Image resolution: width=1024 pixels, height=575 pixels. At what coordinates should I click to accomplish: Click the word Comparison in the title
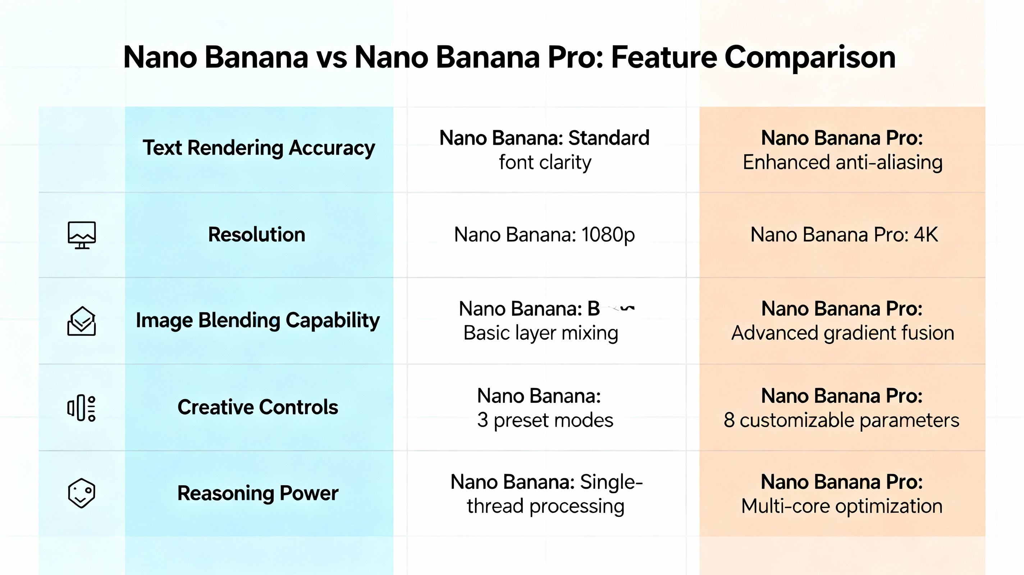tap(810, 57)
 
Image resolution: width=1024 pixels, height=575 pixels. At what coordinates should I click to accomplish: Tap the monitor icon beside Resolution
tap(82, 235)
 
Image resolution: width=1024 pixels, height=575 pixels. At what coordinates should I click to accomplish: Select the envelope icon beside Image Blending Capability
tap(82, 321)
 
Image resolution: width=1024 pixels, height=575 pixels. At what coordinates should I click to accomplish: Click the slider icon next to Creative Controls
tap(82, 408)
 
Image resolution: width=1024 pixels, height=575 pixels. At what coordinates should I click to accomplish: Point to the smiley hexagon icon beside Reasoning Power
tap(82, 493)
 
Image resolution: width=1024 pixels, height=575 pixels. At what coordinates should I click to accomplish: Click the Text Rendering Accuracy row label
tap(259, 148)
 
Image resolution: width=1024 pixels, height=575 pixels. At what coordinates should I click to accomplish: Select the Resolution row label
tap(256, 234)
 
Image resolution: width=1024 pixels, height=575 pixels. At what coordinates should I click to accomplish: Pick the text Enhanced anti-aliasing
tap(842, 162)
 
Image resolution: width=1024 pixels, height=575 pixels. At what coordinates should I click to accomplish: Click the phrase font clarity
tap(545, 162)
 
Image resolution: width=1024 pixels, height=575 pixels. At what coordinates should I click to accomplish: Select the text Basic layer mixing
tap(541, 333)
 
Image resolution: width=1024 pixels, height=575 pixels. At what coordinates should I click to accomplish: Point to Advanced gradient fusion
tap(842, 333)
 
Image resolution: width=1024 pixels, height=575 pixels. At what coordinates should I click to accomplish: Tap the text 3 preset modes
tap(545, 420)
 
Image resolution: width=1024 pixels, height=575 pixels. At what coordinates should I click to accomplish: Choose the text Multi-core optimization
tap(842, 506)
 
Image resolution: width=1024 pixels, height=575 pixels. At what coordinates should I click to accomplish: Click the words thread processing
tap(545, 506)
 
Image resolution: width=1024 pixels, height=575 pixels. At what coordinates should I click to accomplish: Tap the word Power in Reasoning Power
tap(309, 493)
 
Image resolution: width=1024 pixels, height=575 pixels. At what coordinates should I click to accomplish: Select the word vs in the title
tap(331, 57)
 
